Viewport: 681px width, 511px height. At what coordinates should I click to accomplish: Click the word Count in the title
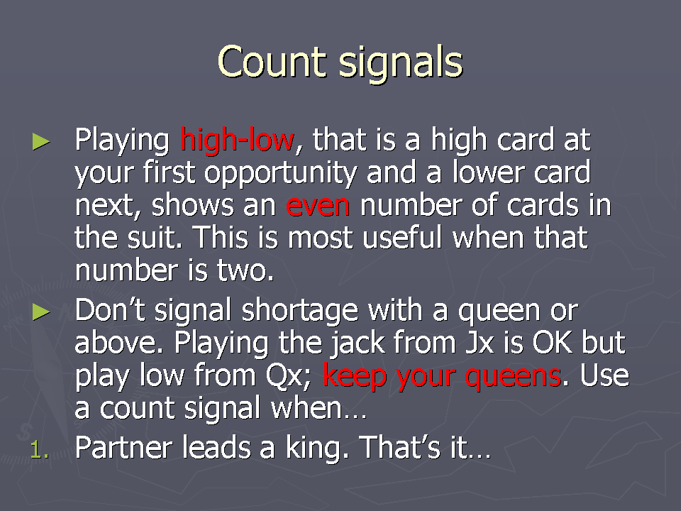(x=272, y=62)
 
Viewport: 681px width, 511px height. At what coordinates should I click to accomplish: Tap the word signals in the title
(x=400, y=64)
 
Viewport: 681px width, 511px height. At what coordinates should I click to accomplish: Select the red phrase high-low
(x=237, y=140)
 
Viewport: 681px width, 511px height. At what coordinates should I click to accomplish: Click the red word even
(x=318, y=206)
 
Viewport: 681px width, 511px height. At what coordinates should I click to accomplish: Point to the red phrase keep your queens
(x=442, y=377)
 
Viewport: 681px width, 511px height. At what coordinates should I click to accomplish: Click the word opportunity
(x=281, y=173)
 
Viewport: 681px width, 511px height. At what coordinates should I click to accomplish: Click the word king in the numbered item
(x=313, y=448)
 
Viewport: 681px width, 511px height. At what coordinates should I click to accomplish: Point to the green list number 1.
(x=38, y=449)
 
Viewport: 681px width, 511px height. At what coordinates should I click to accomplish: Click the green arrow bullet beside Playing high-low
(x=41, y=142)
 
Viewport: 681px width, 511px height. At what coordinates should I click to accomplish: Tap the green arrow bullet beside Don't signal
(x=41, y=312)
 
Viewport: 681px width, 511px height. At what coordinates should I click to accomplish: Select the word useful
(x=402, y=238)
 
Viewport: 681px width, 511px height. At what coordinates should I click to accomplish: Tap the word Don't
(x=110, y=310)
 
